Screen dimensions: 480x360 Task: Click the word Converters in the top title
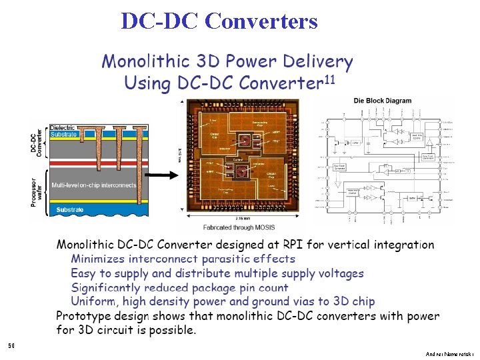tap(262, 21)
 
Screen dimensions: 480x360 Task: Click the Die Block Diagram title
tap(382, 101)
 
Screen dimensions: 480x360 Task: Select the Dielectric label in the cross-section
tap(62, 127)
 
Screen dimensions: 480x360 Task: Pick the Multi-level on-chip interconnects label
tap(93, 185)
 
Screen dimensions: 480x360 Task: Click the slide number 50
tap(11, 346)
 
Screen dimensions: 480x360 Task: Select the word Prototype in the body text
tap(83, 316)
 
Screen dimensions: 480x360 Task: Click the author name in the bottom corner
tap(449, 353)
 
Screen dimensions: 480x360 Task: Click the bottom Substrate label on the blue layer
tap(70, 210)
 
